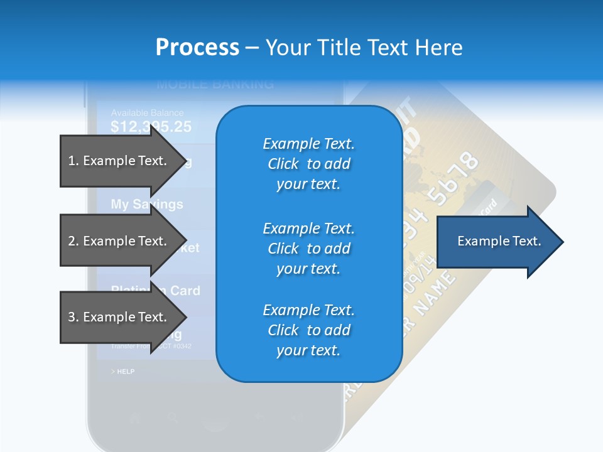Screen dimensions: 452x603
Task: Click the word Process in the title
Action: coord(197,48)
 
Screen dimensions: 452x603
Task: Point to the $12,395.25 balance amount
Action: coord(151,127)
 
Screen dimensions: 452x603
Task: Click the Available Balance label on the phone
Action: coord(147,113)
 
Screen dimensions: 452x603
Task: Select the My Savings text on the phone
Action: coord(147,205)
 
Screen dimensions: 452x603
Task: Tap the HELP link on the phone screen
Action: coord(124,372)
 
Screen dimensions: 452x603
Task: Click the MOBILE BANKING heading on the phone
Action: coord(215,84)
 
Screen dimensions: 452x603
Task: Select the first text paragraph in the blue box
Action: coord(309,164)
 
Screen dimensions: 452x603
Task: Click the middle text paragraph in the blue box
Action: coord(309,249)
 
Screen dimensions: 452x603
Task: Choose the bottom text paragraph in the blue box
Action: coord(309,330)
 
